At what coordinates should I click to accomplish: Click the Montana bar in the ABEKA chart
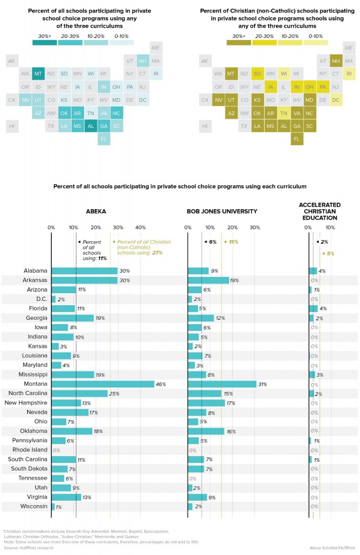103,384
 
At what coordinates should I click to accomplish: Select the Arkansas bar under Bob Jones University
208,280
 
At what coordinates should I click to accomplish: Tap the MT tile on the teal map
38,73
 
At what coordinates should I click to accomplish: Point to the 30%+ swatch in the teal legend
44,42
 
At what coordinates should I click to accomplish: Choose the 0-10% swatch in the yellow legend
316,42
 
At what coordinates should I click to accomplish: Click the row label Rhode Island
33,450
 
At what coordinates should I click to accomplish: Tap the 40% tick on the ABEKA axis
140,228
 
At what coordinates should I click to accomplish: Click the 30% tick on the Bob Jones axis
255,228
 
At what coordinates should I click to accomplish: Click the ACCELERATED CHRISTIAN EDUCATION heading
319,211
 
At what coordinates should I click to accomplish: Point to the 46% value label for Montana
160,384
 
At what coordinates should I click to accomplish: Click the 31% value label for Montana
262,384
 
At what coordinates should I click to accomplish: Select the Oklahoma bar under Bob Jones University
206,431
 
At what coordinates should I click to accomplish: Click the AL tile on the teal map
90,126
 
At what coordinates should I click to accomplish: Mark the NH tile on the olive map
336,60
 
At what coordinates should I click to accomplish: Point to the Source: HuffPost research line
26,548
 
